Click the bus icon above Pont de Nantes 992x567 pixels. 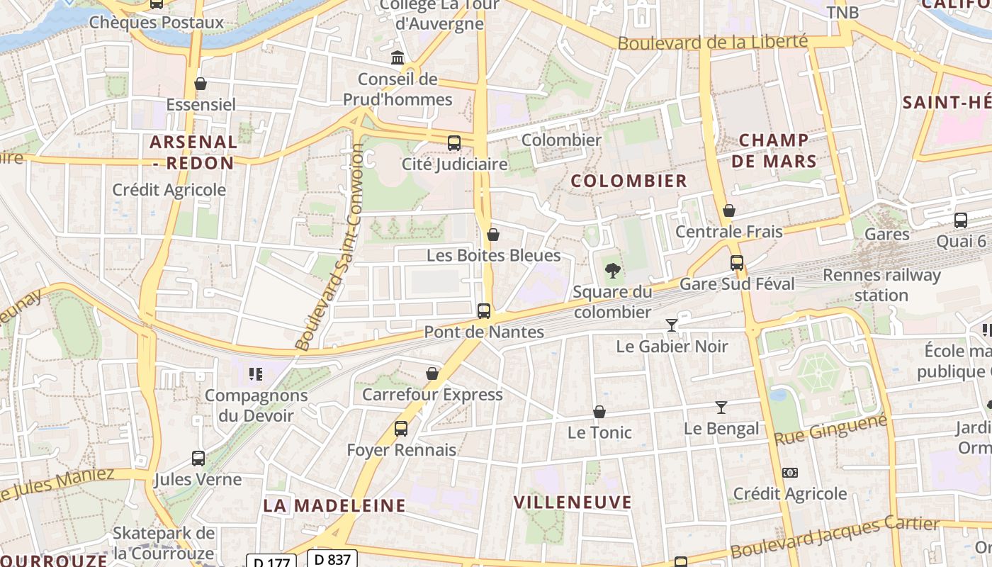click(484, 310)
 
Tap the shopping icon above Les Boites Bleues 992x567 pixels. click(493, 235)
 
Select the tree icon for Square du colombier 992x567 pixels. click(612, 270)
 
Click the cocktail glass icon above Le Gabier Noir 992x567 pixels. click(672, 325)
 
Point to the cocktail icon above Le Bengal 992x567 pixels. click(721, 408)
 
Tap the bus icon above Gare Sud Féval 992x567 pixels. click(737, 263)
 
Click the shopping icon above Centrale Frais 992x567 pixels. click(729, 210)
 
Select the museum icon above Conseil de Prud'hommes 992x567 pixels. click(398, 57)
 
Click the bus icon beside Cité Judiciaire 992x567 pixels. click(454, 142)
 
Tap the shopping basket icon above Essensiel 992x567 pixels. click(201, 84)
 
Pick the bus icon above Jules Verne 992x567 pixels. click(198, 458)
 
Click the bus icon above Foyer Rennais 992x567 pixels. click(401, 428)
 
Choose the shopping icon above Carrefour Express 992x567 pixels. click(432, 374)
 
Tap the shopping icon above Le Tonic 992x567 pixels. click(599, 412)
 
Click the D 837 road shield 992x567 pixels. click(332, 558)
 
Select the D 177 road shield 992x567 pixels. click(271, 561)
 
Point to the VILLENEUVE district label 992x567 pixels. click(573, 503)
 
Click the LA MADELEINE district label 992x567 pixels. click(334, 505)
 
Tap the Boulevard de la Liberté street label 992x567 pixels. click(712, 42)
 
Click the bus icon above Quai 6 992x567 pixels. click(961, 220)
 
